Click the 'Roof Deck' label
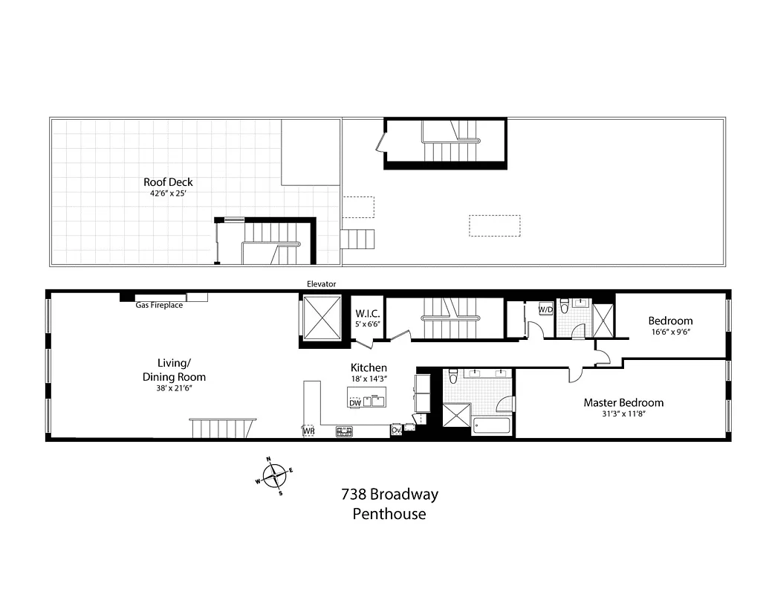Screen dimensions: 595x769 168,181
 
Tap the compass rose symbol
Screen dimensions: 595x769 275,474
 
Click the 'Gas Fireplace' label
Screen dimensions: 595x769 159,305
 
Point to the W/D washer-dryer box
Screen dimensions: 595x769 545,309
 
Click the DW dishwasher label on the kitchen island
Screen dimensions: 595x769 355,403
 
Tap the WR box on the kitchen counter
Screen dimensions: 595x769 308,430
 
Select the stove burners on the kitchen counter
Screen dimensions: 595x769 344,430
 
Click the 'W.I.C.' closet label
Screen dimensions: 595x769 367,314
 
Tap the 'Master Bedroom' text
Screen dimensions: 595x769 623,402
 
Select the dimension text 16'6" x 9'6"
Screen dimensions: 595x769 670,333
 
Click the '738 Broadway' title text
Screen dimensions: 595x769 389,494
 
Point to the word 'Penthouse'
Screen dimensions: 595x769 389,514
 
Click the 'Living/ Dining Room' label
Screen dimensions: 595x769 174,370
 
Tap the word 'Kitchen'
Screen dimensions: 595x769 369,367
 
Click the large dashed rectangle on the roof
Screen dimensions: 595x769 494,225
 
